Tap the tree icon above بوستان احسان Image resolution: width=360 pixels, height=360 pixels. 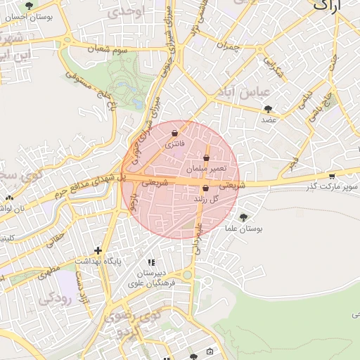[x=28, y=6]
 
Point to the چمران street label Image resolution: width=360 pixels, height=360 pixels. [x=229, y=47]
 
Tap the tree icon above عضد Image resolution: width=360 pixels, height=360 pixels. [x=268, y=108]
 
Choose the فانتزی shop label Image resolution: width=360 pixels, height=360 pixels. [x=174, y=143]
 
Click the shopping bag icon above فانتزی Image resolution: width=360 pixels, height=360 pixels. [x=174, y=132]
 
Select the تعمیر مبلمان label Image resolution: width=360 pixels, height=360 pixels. [x=206, y=169]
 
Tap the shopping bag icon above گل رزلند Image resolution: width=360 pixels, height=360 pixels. [x=205, y=188]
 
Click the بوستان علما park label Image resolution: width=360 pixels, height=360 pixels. [x=243, y=229]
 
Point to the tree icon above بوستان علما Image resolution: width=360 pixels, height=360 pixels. [x=243, y=218]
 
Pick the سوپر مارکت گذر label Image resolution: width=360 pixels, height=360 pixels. [x=332, y=186]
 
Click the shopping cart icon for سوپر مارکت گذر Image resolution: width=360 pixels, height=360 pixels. [x=332, y=176]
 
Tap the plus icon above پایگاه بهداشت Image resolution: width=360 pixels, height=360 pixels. [x=98, y=250]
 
